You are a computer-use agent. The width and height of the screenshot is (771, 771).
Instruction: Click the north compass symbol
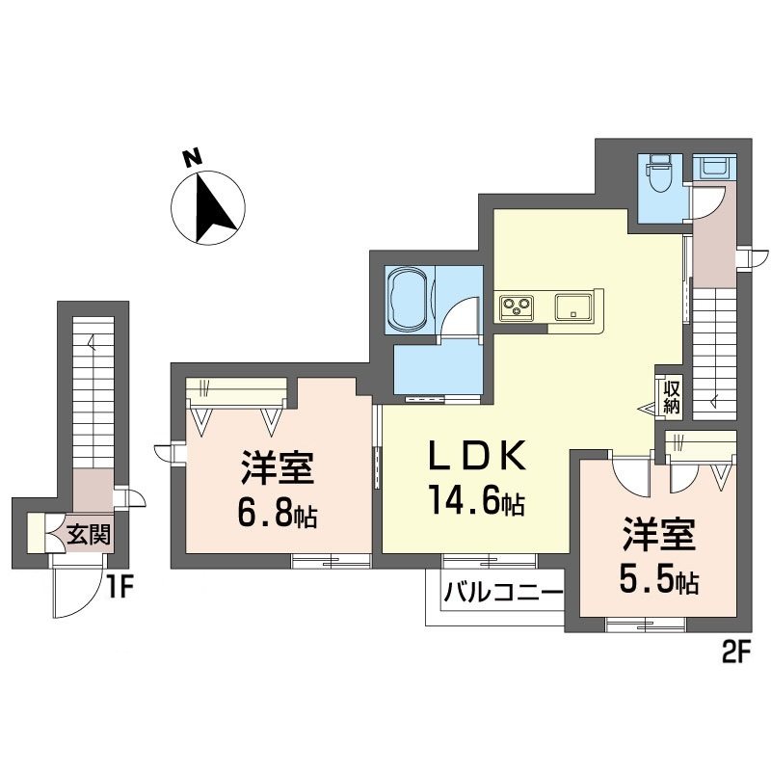[204, 206]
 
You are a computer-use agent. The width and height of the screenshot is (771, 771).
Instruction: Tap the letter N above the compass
[193, 156]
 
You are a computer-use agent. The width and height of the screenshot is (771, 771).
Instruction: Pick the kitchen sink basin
[576, 308]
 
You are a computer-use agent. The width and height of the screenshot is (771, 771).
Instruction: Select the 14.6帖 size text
[475, 501]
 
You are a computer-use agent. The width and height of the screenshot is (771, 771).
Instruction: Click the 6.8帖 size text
[277, 515]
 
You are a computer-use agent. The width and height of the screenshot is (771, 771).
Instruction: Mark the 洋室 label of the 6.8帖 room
[277, 471]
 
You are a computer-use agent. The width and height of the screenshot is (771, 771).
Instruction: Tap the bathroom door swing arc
[459, 318]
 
